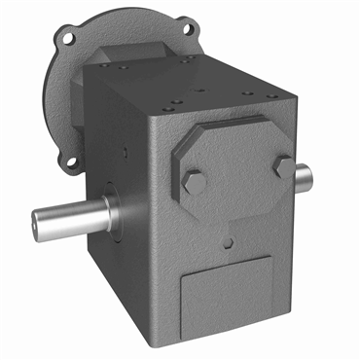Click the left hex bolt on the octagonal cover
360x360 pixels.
pyautogui.click(x=193, y=182)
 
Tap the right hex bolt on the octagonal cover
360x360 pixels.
pyautogui.click(x=283, y=166)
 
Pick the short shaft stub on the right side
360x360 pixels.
pyautogui.click(x=304, y=176)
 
